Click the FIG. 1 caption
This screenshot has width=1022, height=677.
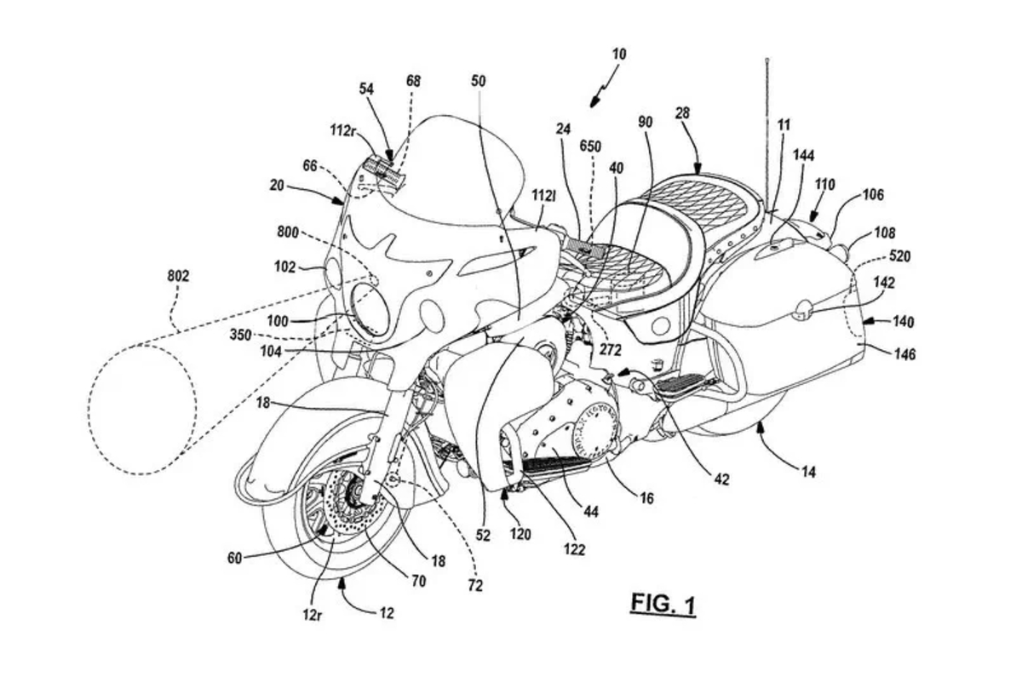click(663, 604)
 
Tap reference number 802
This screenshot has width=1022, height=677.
click(178, 276)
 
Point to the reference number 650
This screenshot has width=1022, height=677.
click(589, 146)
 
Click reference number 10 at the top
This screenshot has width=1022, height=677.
click(619, 54)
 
